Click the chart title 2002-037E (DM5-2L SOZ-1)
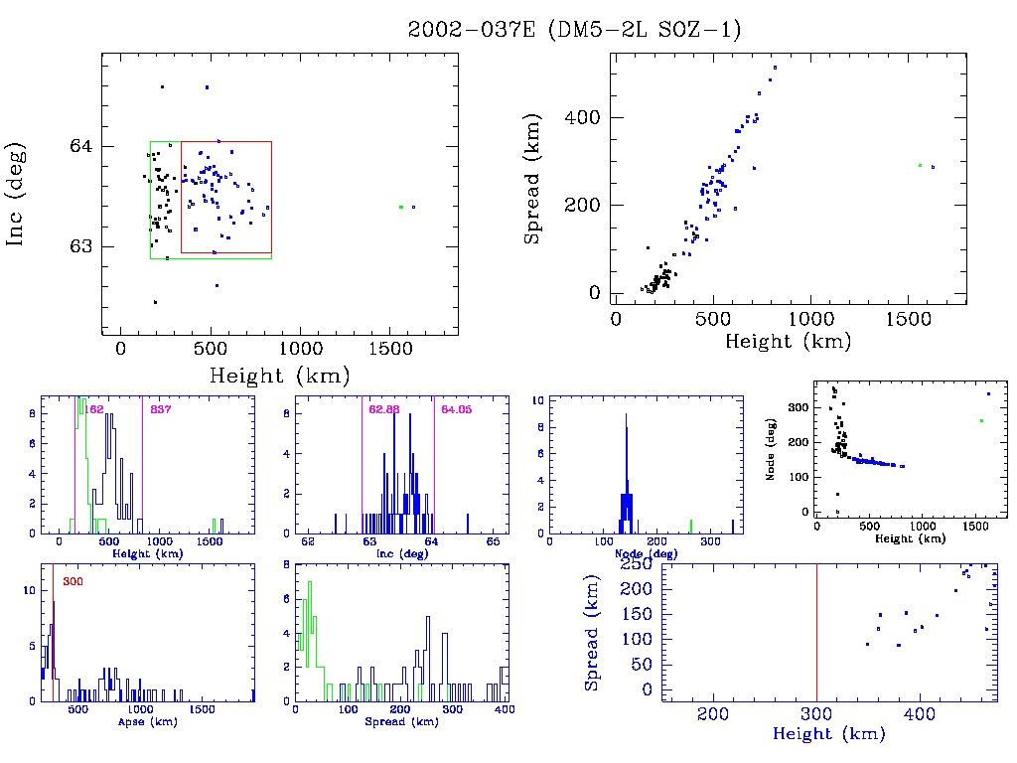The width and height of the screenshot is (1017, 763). [574, 30]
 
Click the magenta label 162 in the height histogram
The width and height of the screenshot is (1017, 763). [96, 409]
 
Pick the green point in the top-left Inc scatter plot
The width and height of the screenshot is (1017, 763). [400, 207]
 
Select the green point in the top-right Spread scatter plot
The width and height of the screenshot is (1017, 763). [920, 165]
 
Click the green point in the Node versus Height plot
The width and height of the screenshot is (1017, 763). [981, 420]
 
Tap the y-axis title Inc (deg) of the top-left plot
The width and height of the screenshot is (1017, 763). [17, 195]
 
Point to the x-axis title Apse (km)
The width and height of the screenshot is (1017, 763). [147, 722]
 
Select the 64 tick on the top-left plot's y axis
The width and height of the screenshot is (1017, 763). [81, 146]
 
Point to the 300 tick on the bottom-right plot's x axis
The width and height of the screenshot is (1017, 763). [816, 714]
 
